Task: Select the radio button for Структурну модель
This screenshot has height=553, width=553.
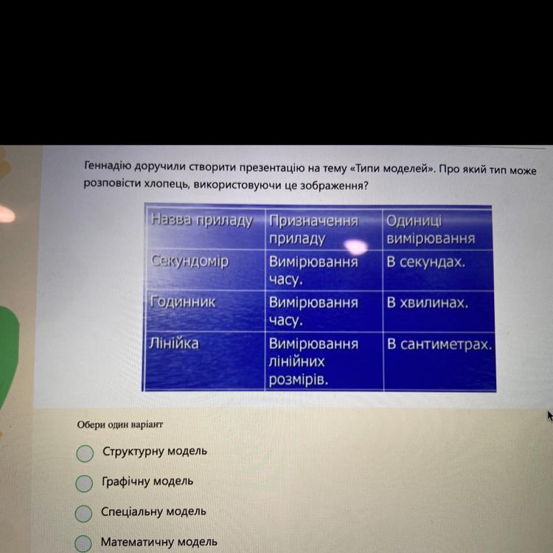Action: tap(85, 453)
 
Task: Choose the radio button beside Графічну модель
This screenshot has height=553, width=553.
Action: tap(84, 483)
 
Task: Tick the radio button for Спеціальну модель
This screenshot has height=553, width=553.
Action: tap(83, 513)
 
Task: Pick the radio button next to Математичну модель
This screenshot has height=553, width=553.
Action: tap(83, 543)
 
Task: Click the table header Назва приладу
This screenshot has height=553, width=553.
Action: tap(202, 220)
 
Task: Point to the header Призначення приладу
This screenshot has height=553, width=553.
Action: tap(313, 230)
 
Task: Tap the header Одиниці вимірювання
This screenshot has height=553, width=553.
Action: tap(431, 229)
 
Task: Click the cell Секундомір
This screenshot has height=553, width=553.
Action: tap(190, 261)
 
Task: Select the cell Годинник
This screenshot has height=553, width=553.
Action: tap(183, 302)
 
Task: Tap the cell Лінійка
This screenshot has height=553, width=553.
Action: tap(174, 343)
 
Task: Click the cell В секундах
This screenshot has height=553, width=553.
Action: tap(426, 262)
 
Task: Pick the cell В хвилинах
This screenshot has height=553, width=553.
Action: tap(428, 302)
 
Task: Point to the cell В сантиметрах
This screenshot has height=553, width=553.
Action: tap(439, 344)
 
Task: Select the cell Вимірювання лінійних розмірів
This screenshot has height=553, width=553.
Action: tap(313, 361)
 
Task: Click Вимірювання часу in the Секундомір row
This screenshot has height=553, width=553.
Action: tap(313, 271)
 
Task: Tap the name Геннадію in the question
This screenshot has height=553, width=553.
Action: tap(108, 165)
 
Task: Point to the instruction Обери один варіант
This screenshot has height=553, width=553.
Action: tap(120, 425)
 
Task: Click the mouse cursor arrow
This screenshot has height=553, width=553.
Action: tap(550, 416)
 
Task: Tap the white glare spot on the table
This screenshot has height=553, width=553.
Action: tap(355, 246)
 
